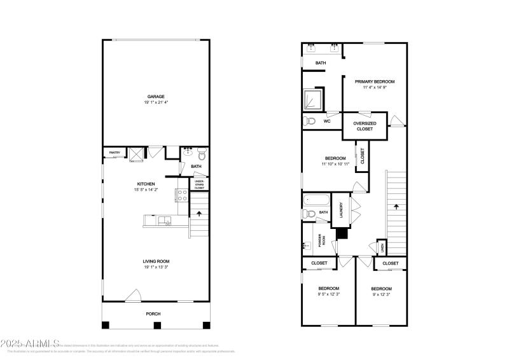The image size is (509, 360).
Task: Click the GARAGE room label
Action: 156,97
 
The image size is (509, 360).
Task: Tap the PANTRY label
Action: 115,153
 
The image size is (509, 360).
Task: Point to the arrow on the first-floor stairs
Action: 200,215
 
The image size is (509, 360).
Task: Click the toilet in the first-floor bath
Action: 202,153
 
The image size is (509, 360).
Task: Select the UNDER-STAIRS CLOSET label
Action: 200,184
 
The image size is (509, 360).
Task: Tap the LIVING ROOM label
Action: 156,261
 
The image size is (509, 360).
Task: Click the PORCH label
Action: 153,314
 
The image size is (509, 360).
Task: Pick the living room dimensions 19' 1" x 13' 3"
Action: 156,267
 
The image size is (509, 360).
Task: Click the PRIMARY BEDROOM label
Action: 375,81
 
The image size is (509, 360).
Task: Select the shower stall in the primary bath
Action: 313,99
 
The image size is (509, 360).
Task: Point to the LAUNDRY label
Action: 342,209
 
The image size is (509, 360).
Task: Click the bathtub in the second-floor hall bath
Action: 316,200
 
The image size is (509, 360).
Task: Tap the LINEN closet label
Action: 382,247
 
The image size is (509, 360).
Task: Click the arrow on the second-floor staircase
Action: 396,207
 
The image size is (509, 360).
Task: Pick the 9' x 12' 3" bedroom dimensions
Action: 382,294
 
